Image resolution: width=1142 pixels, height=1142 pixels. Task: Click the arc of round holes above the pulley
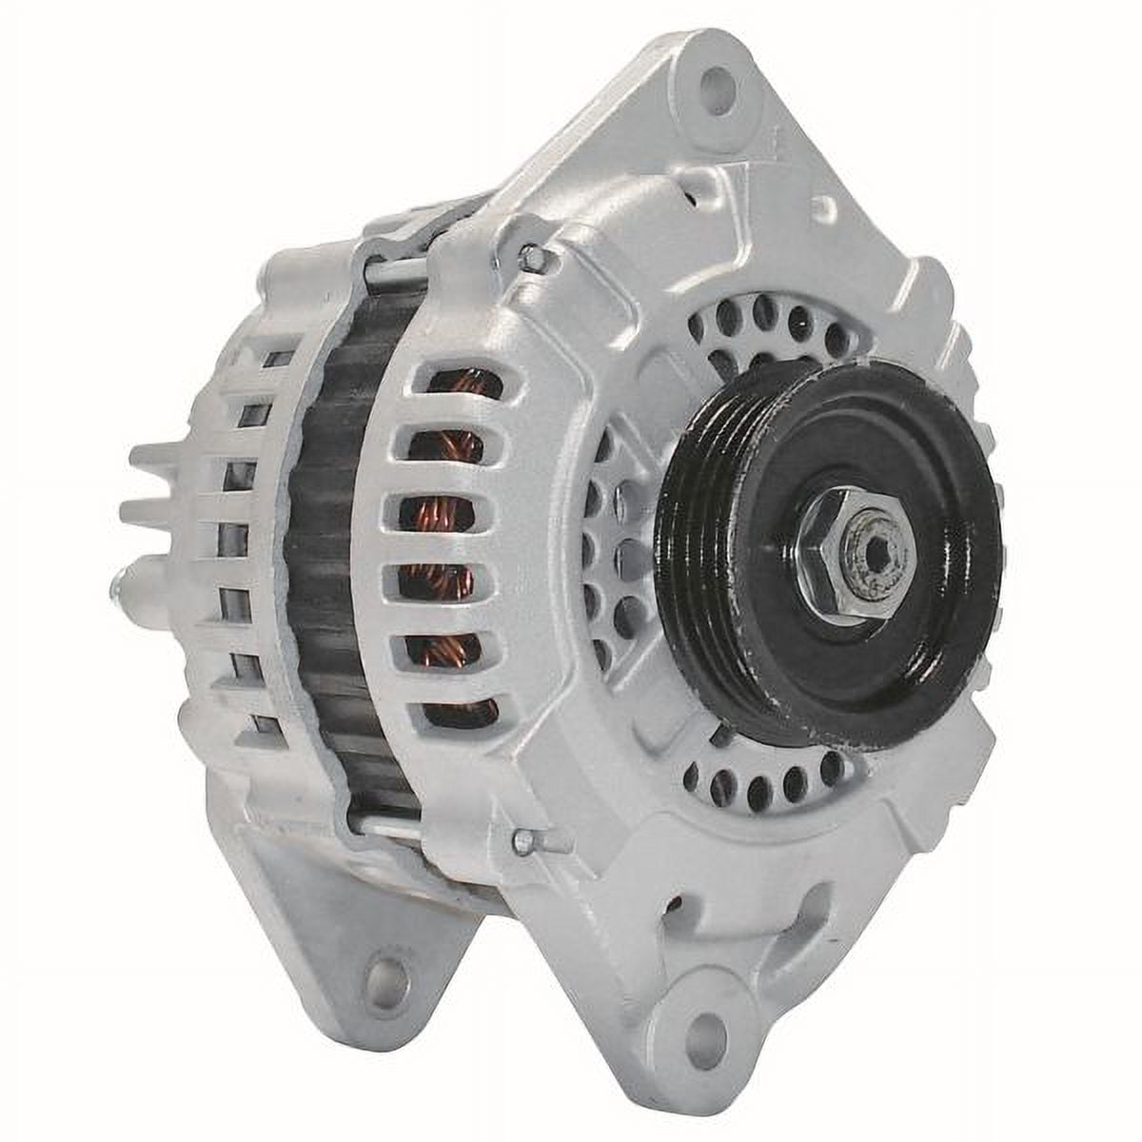[x=761, y=319]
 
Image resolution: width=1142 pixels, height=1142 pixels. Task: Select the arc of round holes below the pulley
[x=761, y=780]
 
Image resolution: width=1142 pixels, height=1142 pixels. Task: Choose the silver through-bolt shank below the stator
[x=381, y=823]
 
